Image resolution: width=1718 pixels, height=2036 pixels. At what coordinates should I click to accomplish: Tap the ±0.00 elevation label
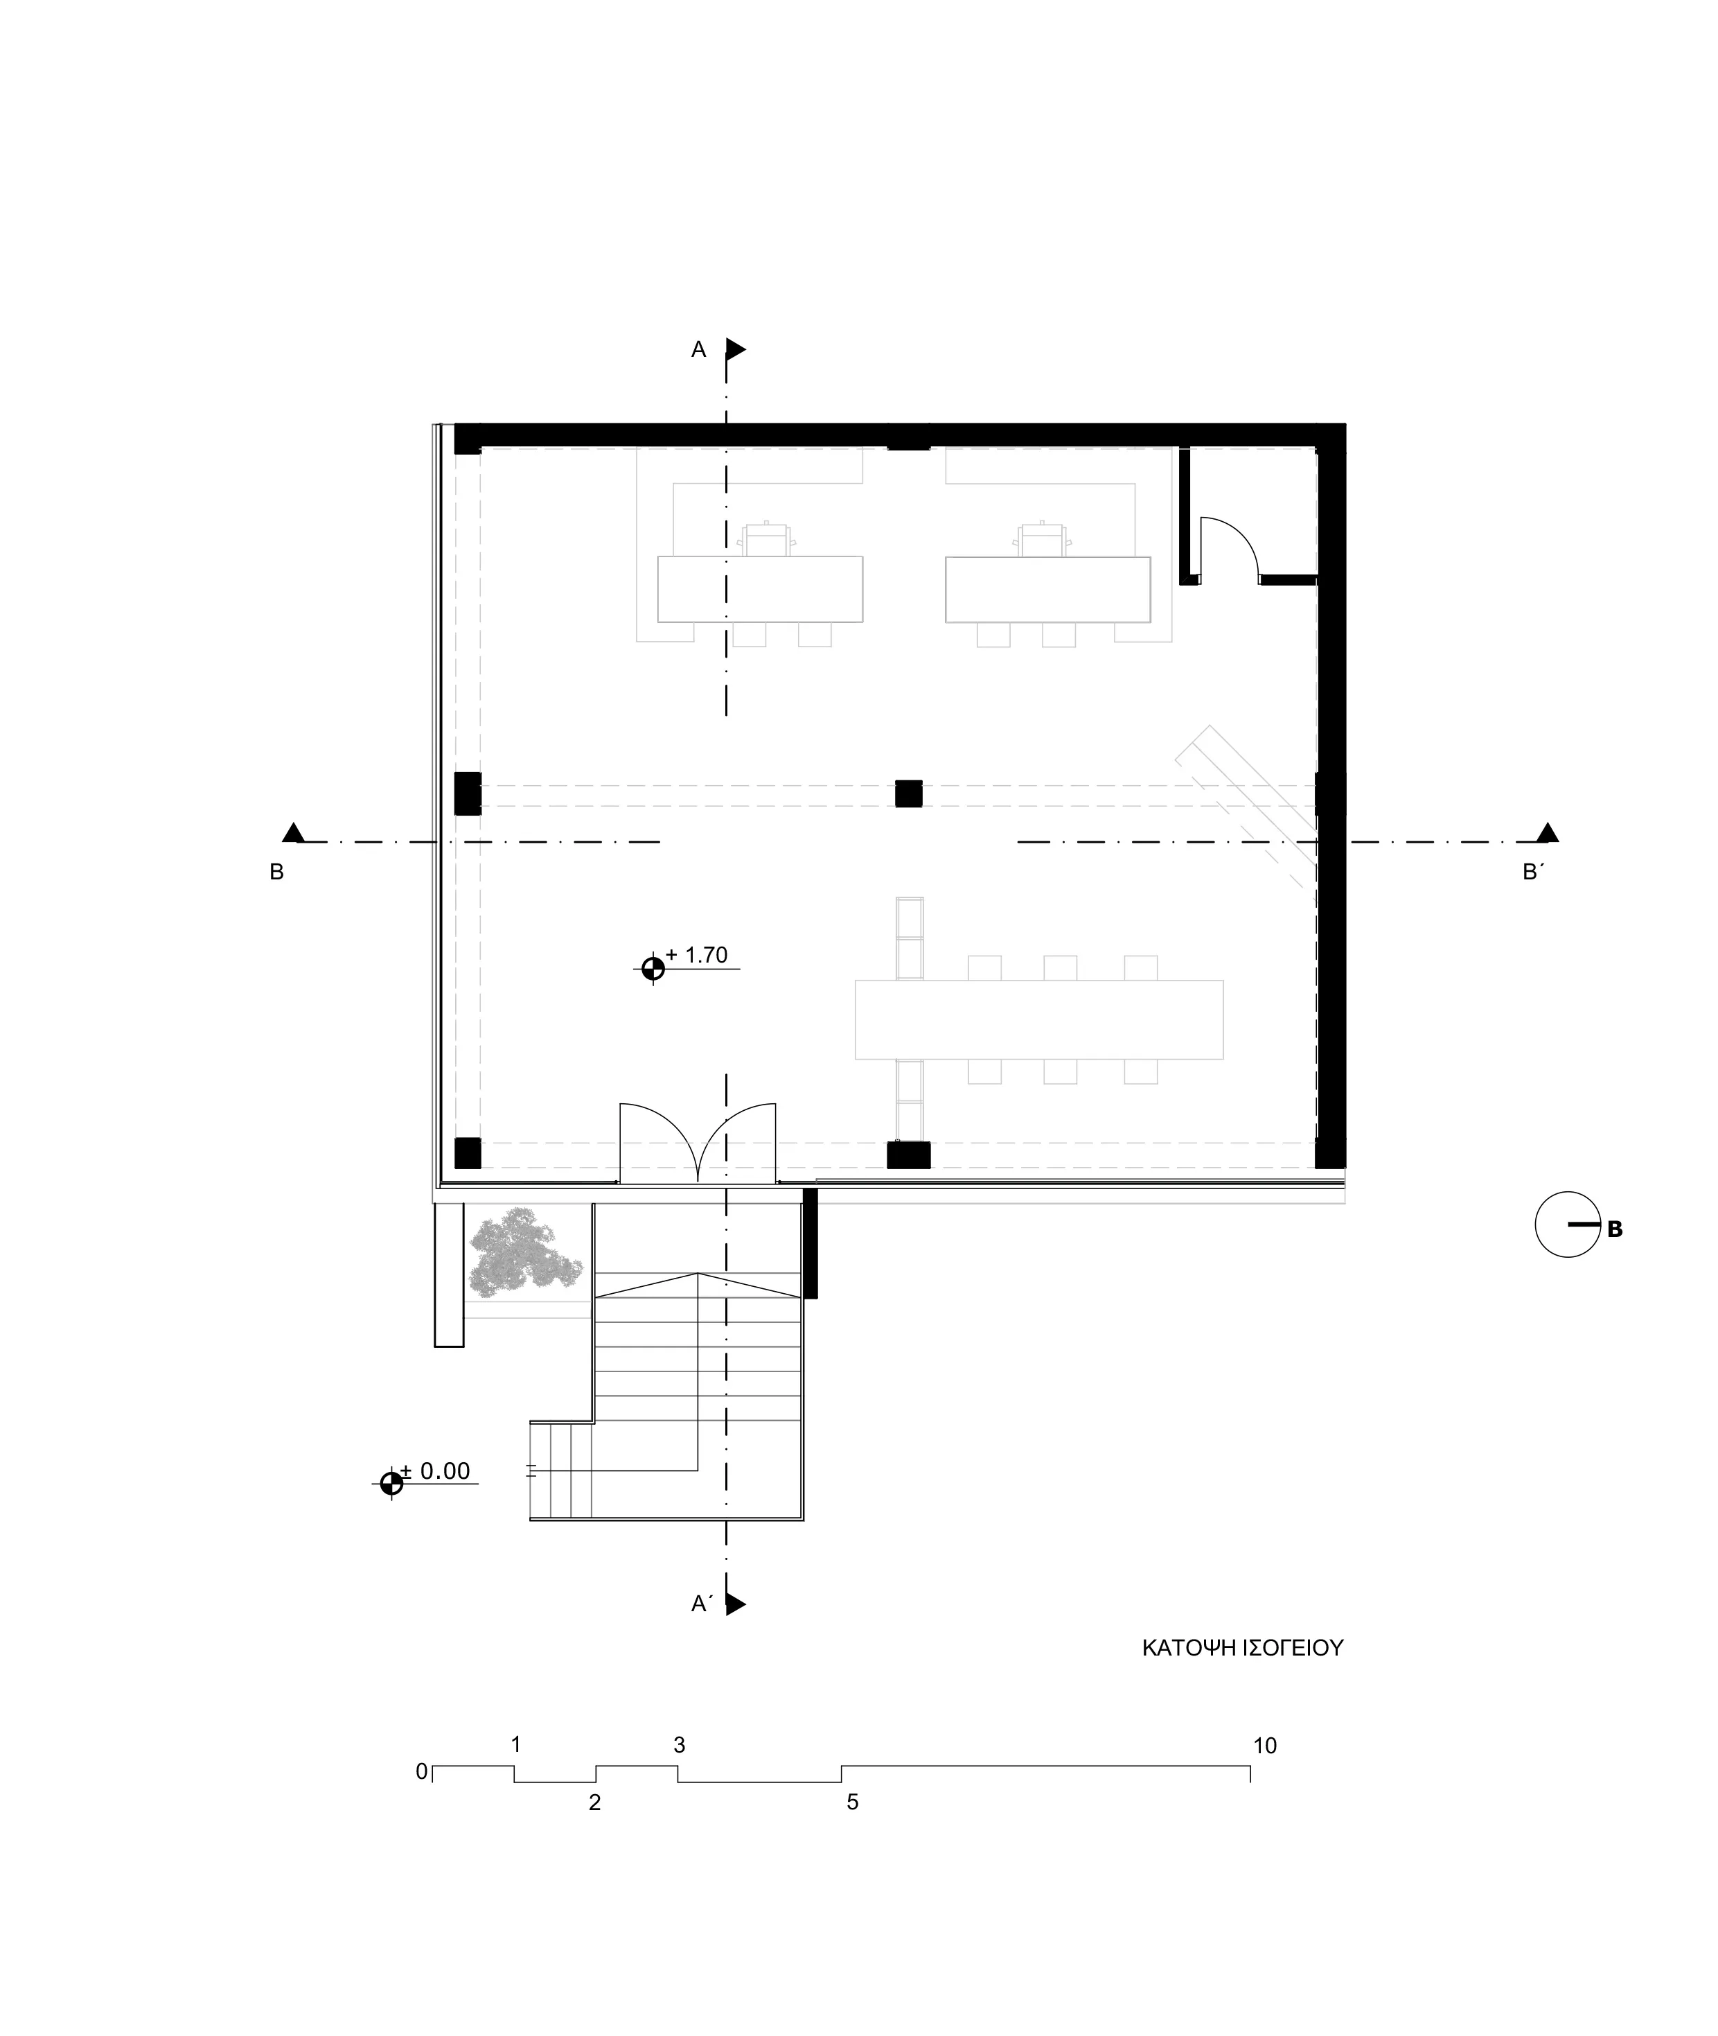436,1471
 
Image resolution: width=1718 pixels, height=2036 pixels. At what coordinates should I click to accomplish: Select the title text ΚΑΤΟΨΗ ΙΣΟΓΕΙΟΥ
1243,1649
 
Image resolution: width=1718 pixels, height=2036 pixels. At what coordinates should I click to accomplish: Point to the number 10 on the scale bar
1264,1746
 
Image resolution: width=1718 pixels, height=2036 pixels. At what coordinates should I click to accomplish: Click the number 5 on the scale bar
852,1802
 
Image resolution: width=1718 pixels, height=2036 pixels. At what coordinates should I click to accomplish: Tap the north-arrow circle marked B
1567,1225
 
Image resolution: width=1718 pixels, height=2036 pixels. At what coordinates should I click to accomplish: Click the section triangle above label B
293,833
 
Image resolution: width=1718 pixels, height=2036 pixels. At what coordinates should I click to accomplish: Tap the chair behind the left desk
766,538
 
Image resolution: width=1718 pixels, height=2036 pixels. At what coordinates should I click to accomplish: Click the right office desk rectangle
1047,589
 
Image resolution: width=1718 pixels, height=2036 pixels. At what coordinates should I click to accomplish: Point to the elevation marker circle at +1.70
653,968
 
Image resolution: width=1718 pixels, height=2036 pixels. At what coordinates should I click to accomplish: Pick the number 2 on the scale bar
595,1802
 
